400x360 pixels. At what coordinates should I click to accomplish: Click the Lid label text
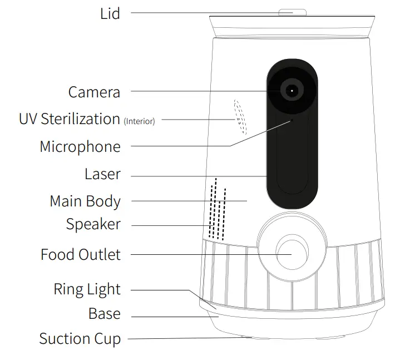(x=110, y=13)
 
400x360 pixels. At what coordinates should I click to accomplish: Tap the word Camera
(x=94, y=92)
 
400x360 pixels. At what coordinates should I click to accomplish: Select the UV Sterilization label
(x=69, y=119)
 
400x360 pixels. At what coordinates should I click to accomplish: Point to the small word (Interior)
(x=139, y=121)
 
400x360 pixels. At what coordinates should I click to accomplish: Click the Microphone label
(x=80, y=147)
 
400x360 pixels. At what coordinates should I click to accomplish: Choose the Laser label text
(x=102, y=174)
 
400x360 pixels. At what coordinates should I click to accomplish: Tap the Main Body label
(x=85, y=201)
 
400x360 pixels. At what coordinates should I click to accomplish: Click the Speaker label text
(x=93, y=225)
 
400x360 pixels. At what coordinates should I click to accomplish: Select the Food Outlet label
(x=80, y=255)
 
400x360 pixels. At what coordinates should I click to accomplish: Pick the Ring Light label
(x=87, y=289)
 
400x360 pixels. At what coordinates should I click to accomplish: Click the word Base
(x=104, y=314)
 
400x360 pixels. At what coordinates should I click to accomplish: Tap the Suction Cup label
(x=80, y=338)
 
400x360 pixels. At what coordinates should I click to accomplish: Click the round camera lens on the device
(x=292, y=90)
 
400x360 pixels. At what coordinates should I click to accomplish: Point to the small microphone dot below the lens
(x=290, y=119)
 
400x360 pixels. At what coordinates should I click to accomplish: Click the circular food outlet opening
(x=291, y=254)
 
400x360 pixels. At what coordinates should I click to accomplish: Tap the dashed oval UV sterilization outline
(x=239, y=117)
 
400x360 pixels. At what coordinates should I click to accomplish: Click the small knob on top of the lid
(x=292, y=12)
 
